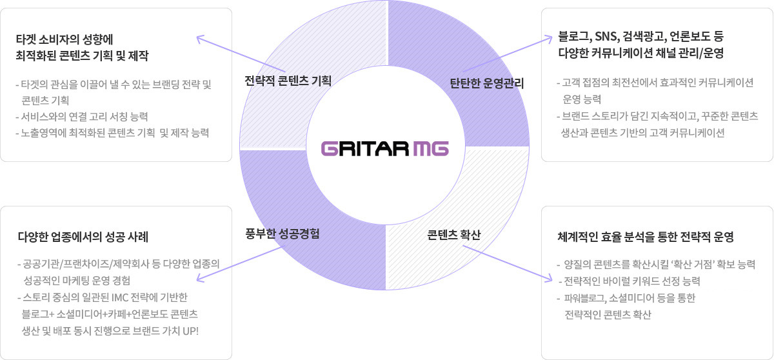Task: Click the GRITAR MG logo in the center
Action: click(385, 148)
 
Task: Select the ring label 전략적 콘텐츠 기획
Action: click(288, 81)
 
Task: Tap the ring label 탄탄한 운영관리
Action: click(486, 83)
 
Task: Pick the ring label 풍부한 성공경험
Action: click(283, 234)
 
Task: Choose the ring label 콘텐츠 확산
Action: click(453, 235)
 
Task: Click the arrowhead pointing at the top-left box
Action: click(201, 39)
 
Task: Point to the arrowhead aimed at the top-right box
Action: click(548, 39)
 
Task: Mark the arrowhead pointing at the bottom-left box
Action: click(201, 278)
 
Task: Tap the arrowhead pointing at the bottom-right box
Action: click(548, 278)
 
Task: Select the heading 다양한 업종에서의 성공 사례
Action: click(83, 237)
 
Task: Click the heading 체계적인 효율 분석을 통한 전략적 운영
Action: click(646, 237)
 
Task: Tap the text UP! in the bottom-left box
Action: click(190, 331)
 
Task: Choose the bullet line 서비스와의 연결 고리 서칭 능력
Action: click(82, 117)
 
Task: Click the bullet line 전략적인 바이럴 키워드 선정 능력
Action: click(630, 281)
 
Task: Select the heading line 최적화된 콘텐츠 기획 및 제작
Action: click(83, 55)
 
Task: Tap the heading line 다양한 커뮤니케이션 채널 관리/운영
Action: click(641, 53)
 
